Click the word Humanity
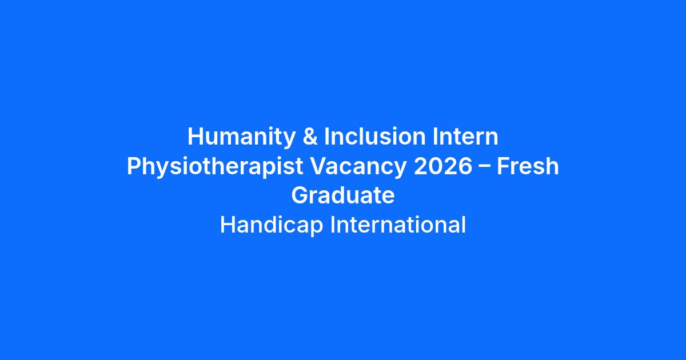click(x=241, y=138)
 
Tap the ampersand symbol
click(x=310, y=136)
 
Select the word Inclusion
click(x=375, y=136)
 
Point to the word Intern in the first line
click(x=465, y=136)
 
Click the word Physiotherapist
click(x=215, y=167)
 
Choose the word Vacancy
click(x=358, y=167)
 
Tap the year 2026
click(x=443, y=166)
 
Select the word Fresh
click(x=528, y=166)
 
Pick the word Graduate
click(x=343, y=195)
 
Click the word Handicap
click(x=272, y=226)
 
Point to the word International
click(x=398, y=225)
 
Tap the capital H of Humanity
click(x=196, y=136)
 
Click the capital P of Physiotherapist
click(x=134, y=166)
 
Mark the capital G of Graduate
click(x=300, y=195)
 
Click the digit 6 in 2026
click(x=465, y=166)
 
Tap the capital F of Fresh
click(x=503, y=166)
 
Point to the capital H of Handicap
click(x=228, y=225)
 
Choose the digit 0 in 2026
click(x=435, y=166)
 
